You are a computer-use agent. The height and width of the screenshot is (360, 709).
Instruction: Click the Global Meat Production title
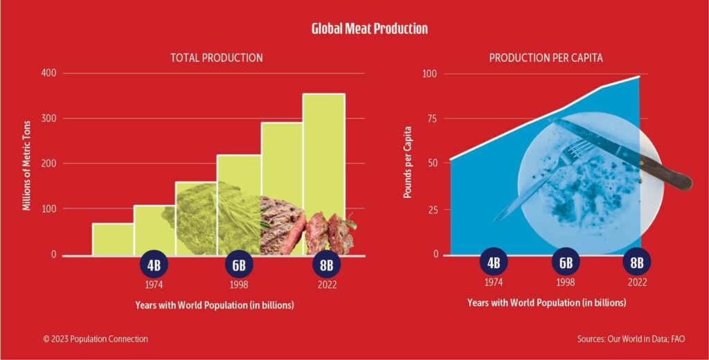coord(370,28)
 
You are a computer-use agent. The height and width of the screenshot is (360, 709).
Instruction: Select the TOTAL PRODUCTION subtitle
coord(217,58)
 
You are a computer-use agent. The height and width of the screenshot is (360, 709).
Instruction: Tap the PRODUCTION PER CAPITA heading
coord(546,58)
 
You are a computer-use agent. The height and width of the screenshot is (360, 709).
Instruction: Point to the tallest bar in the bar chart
coord(324,174)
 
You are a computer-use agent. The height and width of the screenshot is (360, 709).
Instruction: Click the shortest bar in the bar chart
coord(113,240)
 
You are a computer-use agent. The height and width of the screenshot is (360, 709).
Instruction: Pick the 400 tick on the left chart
coord(49,73)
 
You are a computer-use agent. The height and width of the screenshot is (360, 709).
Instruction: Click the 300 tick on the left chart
coord(49,118)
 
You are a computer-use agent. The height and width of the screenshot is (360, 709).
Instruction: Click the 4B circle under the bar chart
coord(154,264)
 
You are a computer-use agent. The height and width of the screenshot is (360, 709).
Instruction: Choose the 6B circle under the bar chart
coord(239,264)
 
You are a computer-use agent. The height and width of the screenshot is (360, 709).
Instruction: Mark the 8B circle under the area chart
coord(637,262)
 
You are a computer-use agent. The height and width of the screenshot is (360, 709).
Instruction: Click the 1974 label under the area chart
coord(494,282)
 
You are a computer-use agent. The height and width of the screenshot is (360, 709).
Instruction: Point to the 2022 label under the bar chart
coord(327,285)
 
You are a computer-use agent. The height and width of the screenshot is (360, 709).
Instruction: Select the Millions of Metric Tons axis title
coord(27,165)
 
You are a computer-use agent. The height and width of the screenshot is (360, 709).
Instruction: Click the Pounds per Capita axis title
coord(407,162)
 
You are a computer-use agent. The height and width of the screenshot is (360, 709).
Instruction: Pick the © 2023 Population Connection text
coord(96,339)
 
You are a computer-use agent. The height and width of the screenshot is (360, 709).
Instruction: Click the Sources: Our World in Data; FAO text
coord(631,339)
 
